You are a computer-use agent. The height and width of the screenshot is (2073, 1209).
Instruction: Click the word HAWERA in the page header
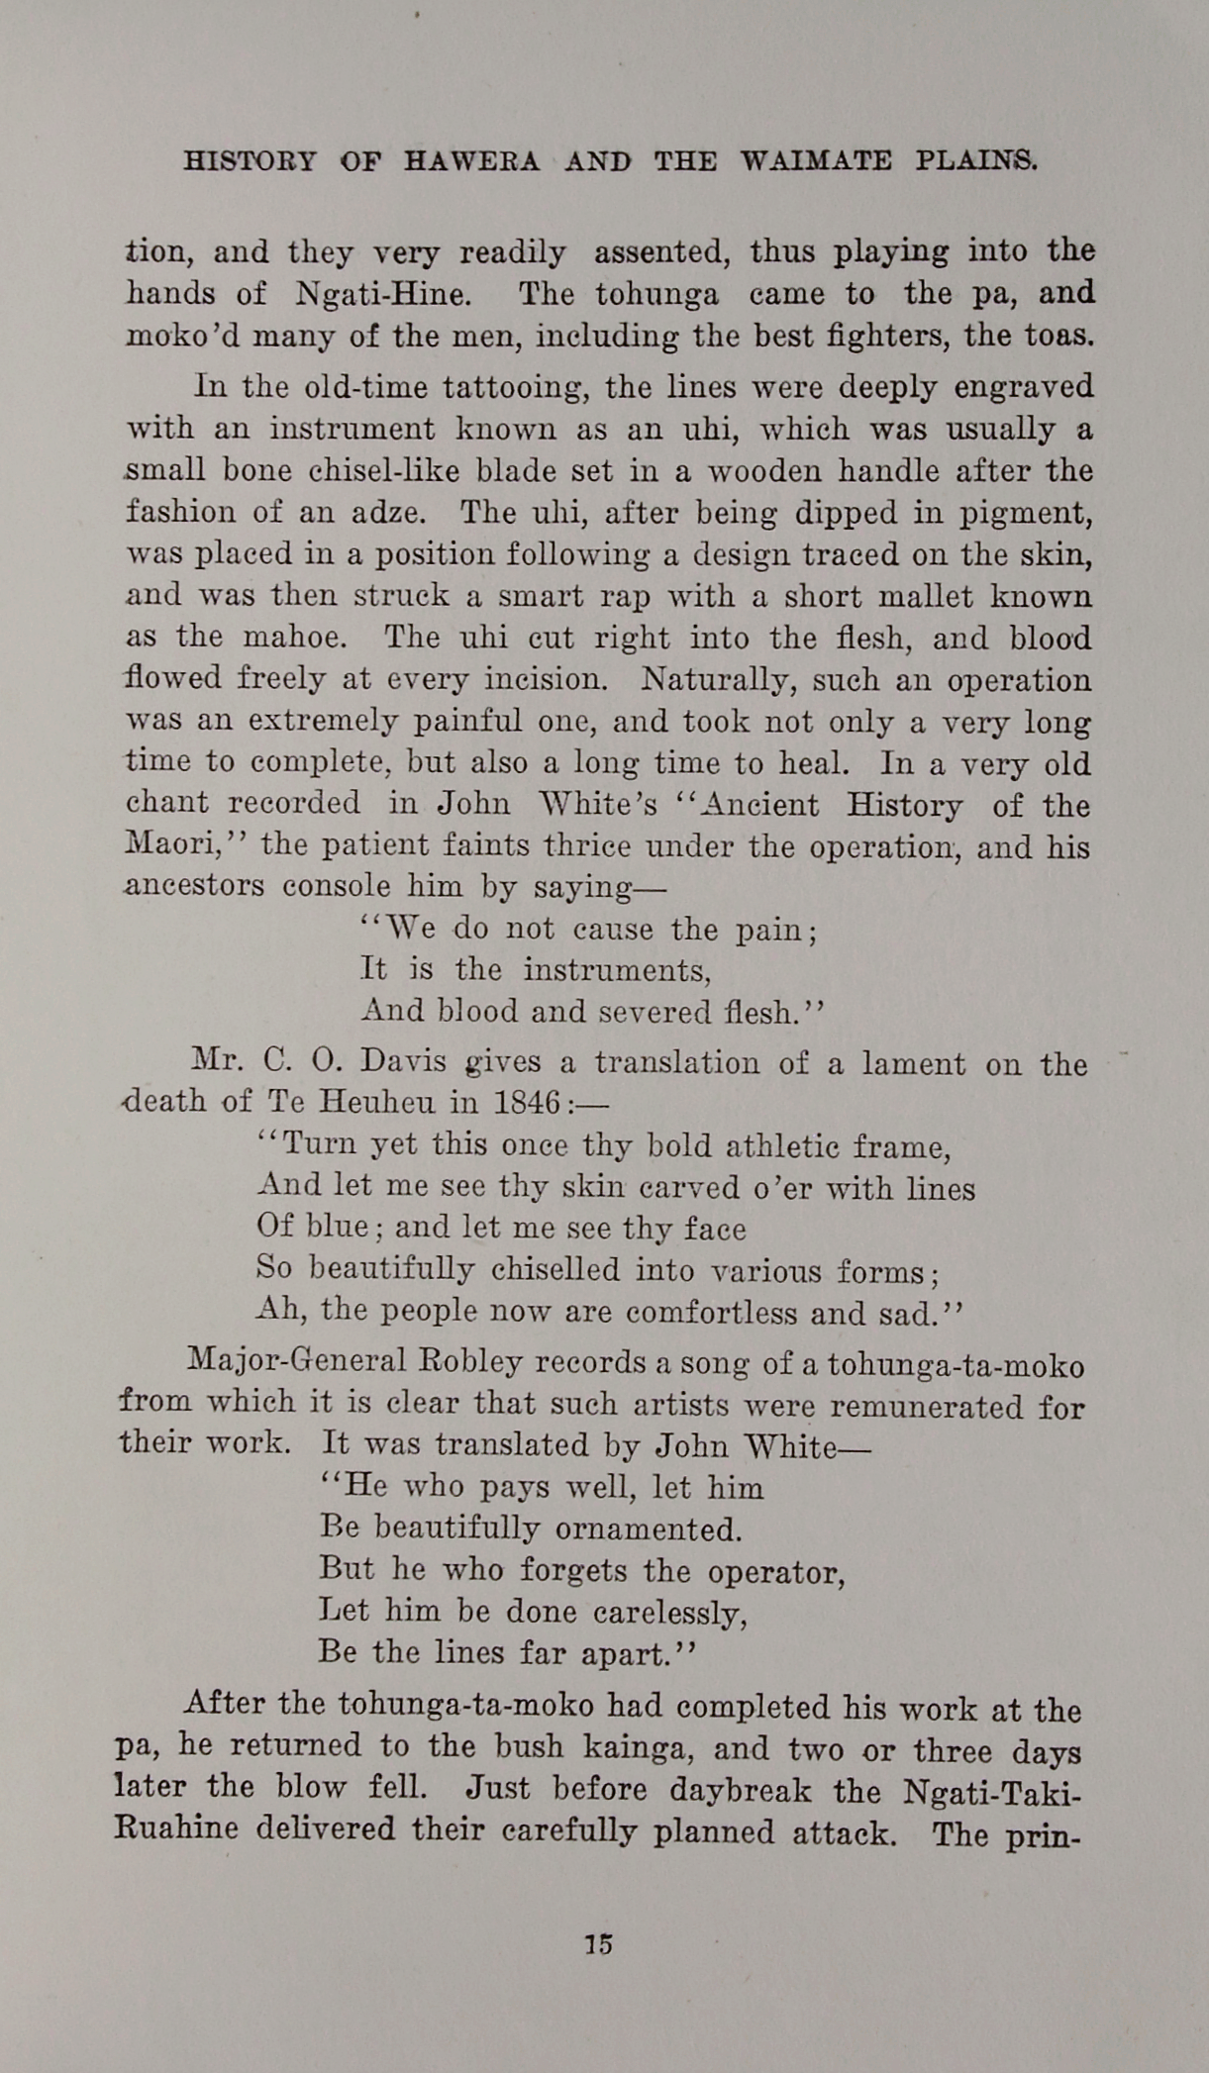coord(471,160)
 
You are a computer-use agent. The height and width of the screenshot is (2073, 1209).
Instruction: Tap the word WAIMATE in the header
coord(816,160)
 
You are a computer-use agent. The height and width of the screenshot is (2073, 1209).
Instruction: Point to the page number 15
coord(599,1944)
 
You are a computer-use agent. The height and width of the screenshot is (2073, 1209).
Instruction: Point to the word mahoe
coord(295,637)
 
